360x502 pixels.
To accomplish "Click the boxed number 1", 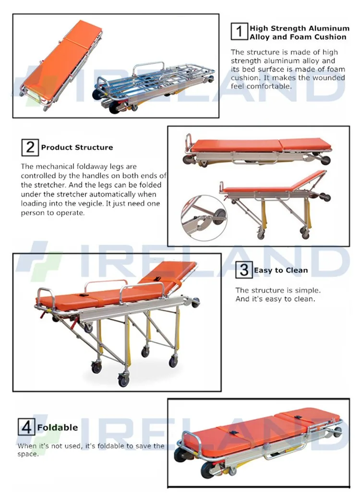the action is [x=239, y=31].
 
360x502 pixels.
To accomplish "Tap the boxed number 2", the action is [x=30, y=147].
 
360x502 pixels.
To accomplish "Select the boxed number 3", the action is [x=244, y=270].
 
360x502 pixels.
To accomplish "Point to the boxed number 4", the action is [x=26, y=427].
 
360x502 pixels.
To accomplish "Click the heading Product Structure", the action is [x=77, y=147].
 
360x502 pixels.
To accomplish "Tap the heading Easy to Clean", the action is [x=281, y=270].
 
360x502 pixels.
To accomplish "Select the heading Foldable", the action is [x=58, y=428].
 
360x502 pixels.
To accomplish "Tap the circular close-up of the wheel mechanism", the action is [x=204, y=218].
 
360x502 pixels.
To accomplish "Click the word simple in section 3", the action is [x=307, y=290].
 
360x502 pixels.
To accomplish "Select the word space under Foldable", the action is [x=27, y=454].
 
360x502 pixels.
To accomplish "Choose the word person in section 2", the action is [x=32, y=213].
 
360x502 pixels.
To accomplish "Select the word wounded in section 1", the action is [x=329, y=78].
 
